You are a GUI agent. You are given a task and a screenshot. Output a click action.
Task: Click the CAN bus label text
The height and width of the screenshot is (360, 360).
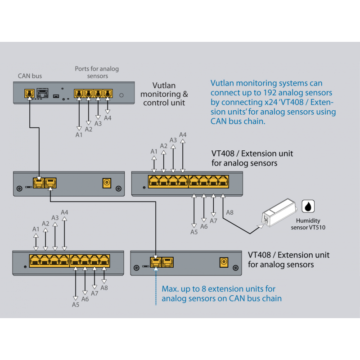(30, 76)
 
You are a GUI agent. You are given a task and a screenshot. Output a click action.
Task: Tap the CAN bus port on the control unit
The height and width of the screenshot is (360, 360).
(29, 94)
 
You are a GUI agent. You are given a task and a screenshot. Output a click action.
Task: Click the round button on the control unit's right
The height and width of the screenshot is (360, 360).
(121, 95)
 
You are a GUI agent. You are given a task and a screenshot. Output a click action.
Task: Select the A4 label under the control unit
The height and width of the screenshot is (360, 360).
(108, 118)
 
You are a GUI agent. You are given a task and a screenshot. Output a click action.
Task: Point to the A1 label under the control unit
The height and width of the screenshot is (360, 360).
(79, 134)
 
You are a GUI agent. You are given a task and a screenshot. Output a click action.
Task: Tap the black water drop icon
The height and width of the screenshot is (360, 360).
(307, 206)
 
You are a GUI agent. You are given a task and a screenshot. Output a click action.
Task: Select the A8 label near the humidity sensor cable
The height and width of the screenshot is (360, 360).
(229, 212)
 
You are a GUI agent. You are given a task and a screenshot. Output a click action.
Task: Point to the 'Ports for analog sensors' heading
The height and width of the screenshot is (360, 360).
(97, 72)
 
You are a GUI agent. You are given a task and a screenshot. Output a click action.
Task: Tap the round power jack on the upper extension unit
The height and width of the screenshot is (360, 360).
(107, 183)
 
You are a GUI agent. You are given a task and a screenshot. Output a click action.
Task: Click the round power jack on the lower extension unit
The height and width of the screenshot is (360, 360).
(222, 262)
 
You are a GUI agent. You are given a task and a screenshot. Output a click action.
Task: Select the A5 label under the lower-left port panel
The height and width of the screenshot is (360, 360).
(76, 305)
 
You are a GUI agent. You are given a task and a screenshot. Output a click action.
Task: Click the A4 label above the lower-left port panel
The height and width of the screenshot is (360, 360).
(64, 212)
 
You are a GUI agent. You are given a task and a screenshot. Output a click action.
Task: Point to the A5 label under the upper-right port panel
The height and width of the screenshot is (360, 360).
(194, 232)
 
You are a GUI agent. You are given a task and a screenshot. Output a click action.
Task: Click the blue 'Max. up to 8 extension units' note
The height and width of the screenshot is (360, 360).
(221, 293)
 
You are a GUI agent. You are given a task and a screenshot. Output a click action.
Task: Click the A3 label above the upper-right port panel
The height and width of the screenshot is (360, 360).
(173, 140)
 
